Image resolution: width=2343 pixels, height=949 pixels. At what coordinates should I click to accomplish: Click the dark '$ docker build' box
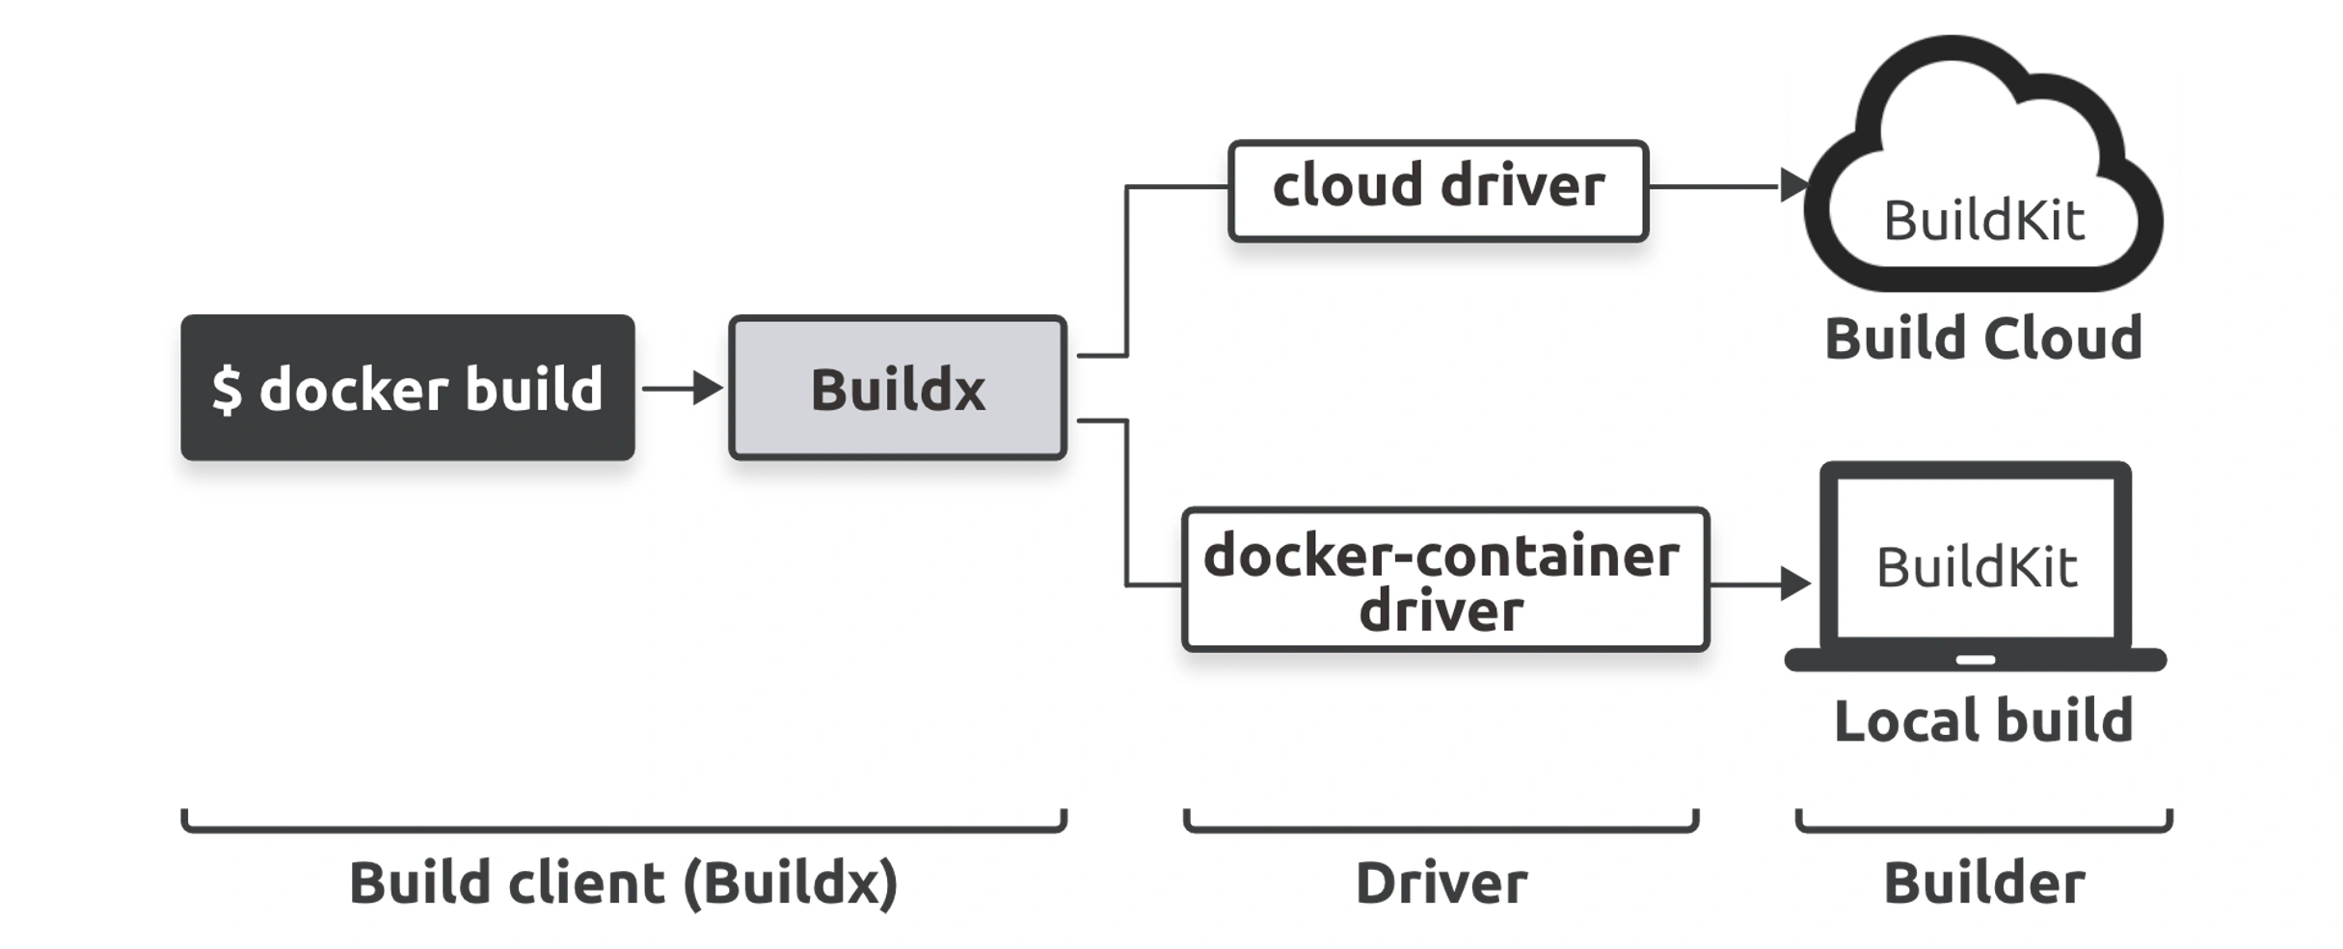coord(408,387)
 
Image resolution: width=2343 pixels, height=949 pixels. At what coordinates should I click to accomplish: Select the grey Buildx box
coord(898,388)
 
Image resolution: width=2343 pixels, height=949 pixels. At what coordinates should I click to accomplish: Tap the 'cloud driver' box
coord(1439,190)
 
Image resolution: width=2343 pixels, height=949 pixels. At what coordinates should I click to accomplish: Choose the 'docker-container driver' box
coord(1445,580)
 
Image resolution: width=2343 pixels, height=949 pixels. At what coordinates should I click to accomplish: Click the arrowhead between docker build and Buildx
coord(709,388)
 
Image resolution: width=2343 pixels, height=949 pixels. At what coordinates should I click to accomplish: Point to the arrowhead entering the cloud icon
coord(1794,185)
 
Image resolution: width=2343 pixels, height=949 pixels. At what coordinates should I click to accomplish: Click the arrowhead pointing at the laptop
coord(1796,583)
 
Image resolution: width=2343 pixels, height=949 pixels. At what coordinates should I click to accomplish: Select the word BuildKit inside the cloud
coord(1984,221)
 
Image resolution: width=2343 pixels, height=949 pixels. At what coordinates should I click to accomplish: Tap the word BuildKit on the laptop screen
coord(1977,567)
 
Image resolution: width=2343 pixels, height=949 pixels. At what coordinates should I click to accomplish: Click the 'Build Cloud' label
coord(1983,339)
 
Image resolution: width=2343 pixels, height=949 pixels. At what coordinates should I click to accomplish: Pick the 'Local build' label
coord(1983,720)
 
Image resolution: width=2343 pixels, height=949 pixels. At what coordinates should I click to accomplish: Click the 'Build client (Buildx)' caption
coord(624,883)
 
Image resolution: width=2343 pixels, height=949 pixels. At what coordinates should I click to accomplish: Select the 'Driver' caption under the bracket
coord(1441,883)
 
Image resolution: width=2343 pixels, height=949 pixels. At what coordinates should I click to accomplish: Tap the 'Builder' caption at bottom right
coord(1984,883)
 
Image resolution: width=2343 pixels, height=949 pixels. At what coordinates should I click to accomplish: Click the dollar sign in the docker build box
coord(228,390)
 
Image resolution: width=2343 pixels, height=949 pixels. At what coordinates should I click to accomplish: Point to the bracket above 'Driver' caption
coord(1441,827)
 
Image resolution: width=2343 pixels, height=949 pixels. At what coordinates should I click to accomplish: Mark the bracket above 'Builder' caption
coord(1984,827)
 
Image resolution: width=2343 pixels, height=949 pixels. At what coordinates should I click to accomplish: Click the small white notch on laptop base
coord(1976,661)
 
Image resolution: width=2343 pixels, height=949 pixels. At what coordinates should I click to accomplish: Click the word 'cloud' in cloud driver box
coord(1348,185)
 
